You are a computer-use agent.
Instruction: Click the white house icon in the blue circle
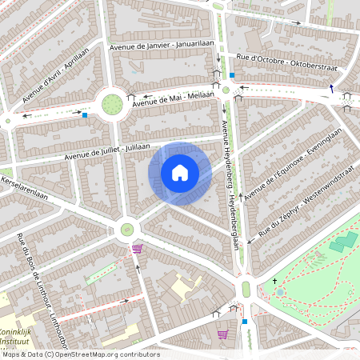(180, 172)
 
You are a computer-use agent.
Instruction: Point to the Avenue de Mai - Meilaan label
(174, 98)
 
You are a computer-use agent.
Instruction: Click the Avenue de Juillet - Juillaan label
(108, 152)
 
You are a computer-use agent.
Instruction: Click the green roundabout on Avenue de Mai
(112, 104)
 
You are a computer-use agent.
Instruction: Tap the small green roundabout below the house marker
(126, 230)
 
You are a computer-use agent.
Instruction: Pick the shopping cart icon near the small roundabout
(137, 249)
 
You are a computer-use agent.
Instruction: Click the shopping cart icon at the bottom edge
(222, 334)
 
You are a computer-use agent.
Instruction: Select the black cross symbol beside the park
(274, 281)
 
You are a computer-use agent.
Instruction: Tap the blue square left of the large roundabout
(84, 115)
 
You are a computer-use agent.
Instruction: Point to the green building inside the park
(343, 241)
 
